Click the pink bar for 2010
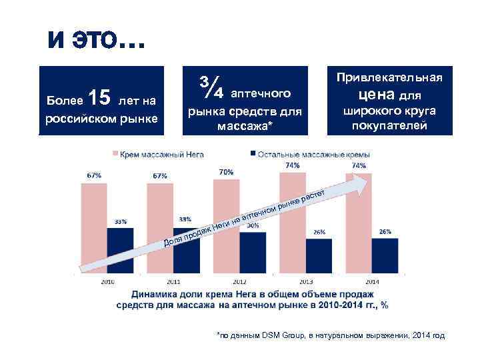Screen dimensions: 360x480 point(94,227)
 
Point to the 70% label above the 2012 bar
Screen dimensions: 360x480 point(226,172)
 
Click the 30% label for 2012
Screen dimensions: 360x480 point(253,226)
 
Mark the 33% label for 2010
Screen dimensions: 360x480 point(120,221)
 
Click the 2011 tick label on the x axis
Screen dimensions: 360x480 point(173,281)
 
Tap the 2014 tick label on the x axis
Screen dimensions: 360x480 point(372,281)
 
